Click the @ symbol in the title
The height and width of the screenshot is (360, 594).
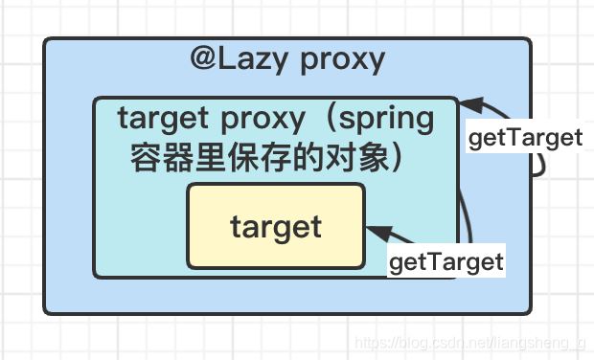205,59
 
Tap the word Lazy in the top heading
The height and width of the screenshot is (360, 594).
256,59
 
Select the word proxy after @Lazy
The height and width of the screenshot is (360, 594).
342,60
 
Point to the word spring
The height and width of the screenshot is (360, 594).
387,121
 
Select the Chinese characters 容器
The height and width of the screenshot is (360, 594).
162,156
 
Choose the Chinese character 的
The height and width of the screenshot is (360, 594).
309,156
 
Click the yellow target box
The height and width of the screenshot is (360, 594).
276,227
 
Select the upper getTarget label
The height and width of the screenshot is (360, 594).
524,138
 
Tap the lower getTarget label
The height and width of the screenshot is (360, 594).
445,261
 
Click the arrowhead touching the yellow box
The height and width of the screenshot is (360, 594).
375,231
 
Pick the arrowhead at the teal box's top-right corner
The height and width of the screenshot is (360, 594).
468,103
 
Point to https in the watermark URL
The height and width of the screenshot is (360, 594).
370,343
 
